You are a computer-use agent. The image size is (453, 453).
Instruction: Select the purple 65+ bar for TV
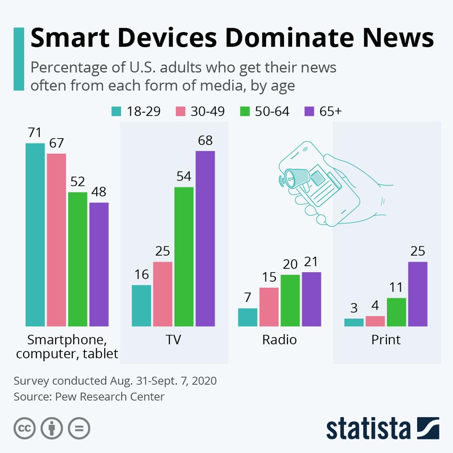coord(205,238)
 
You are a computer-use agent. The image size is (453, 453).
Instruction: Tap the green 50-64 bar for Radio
coord(290,300)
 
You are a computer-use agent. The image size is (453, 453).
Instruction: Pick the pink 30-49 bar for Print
coord(375,321)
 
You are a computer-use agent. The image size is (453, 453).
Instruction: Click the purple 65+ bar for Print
coord(418,294)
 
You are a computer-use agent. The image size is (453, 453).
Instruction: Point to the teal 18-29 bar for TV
coord(142,305)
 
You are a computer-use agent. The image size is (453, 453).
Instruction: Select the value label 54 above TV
coord(184,176)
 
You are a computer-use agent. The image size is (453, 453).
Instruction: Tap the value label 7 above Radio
coord(248,298)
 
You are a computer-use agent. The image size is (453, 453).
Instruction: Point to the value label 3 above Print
coord(354,308)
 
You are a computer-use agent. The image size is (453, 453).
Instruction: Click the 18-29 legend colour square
coord(116,111)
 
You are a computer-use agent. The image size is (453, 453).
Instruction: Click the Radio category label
coord(279,340)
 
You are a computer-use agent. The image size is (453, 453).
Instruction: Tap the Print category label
coord(386,340)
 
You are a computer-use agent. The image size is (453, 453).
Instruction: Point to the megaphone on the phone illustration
coord(296,177)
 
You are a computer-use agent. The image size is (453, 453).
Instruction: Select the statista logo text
coord(368,428)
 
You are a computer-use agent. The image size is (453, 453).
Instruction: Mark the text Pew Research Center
coord(109,396)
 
